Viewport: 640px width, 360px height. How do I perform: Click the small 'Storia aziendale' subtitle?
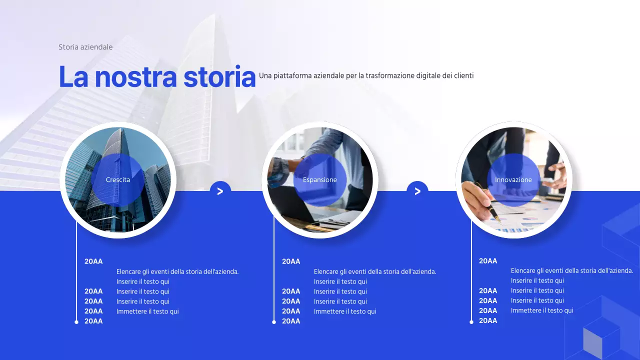pos(85,47)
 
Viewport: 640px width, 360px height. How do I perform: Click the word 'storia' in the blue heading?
pos(219,77)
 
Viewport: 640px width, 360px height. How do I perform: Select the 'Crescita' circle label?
pos(118,180)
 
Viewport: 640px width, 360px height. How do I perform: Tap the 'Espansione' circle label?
pos(320,180)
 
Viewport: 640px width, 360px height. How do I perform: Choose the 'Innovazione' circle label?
pos(513,180)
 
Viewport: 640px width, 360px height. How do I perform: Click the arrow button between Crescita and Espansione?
pos(220,191)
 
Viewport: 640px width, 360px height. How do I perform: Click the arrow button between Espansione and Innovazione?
pos(417,191)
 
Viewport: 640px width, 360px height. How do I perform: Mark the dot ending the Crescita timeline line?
pos(76,322)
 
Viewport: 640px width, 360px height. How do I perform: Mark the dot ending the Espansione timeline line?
pos(274,322)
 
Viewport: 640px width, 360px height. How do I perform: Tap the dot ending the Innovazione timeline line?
pos(471,322)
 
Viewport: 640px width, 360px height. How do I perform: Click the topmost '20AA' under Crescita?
pos(93,261)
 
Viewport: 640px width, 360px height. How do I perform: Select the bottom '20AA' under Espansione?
pos(291,321)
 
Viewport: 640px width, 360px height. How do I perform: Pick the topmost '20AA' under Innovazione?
pos(488,261)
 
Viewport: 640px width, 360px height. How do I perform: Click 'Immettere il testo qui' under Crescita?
pos(147,311)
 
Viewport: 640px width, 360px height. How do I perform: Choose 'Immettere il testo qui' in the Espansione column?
pos(345,311)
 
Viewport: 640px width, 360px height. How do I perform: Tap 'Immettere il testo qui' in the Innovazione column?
pos(542,310)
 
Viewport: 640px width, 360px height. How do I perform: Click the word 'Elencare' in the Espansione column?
pos(326,271)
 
